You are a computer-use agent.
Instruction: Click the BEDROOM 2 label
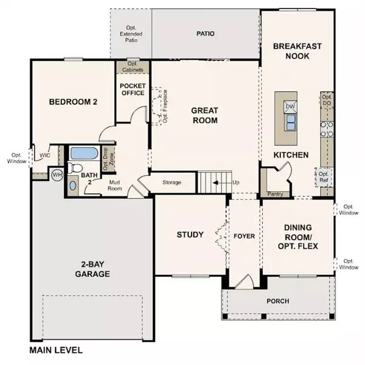(x=73, y=102)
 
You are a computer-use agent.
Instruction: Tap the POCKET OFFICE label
(x=132, y=89)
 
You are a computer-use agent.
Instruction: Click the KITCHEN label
(x=291, y=155)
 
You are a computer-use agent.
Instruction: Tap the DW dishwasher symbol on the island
(x=290, y=106)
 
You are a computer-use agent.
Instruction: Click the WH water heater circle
(x=57, y=175)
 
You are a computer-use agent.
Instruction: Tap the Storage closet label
(x=173, y=182)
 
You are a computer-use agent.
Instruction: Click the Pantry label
(x=276, y=195)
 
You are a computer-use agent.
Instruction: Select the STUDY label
(x=189, y=235)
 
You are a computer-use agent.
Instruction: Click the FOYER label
(x=244, y=235)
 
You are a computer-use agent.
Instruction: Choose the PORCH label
(x=278, y=301)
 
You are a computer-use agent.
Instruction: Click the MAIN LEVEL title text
(x=55, y=351)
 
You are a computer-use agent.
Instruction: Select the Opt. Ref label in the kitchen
(x=324, y=177)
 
